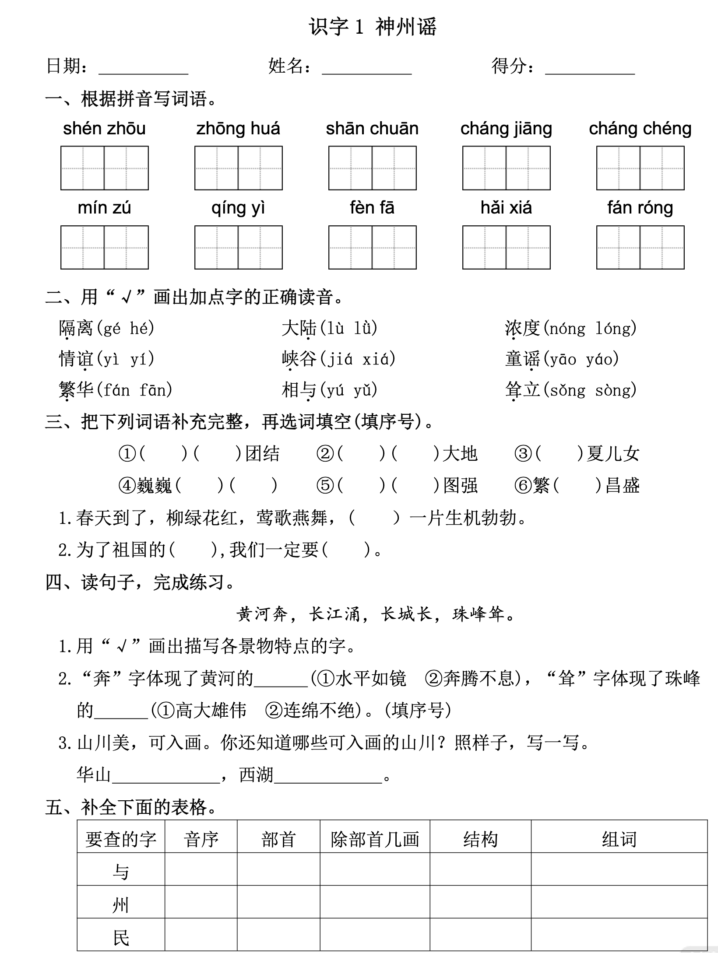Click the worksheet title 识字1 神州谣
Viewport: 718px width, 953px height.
pyautogui.click(x=373, y=27)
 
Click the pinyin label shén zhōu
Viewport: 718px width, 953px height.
pyautogui.click(x=104, y=129)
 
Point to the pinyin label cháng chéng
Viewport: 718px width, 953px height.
pyautogui.click(x=640, y=129)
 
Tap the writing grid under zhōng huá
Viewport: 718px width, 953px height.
pyautogui.click(x=238, y=168)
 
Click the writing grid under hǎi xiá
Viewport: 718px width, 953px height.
pyautogui.click(x=506, y=247)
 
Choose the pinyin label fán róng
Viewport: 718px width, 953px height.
pyautogui.click(x=640, y=208)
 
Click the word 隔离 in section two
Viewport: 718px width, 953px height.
pyautogui.click(x=76, y=328)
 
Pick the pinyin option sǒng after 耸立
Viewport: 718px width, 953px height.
pyautogui.click(x=567, y=390)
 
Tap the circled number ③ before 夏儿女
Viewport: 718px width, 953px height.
pyautogui.click(x=523, y=454)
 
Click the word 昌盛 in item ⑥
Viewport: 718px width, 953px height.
pyautogui.click(x=622, y=485)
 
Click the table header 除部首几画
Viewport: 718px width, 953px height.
pyautogui.click(x=375, y=840)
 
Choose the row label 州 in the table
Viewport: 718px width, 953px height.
pyautogui.click(x=120, y=905)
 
